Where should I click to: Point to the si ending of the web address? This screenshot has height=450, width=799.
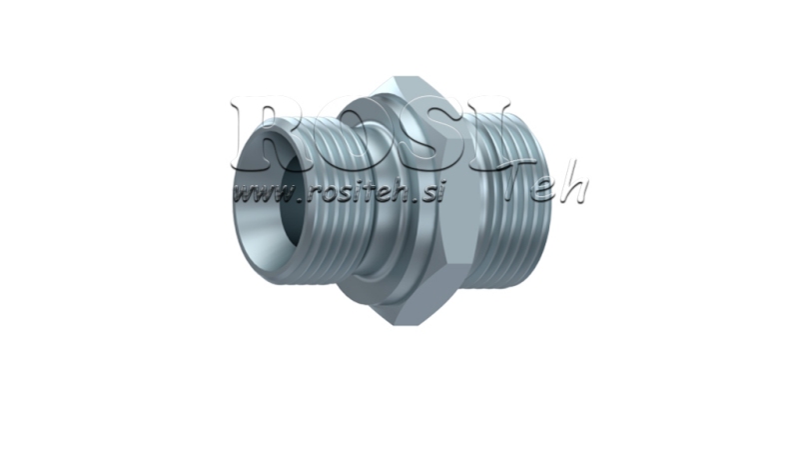tap(434, 191)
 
